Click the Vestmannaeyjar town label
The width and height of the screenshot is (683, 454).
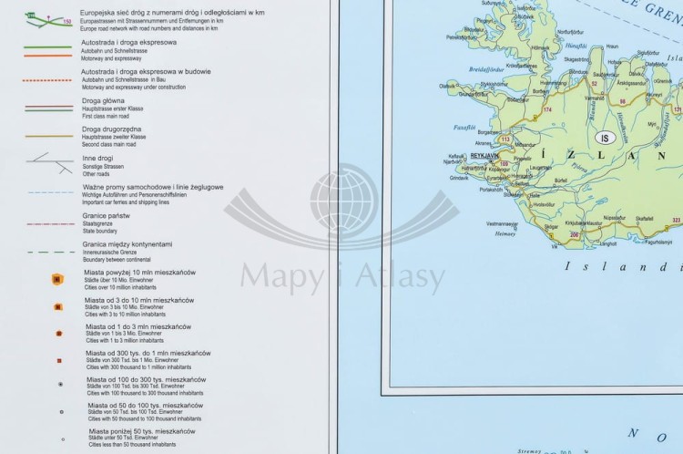pos(503,222)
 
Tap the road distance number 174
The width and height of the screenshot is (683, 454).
pos(546,110)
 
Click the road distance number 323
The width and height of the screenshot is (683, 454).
pos(676,220)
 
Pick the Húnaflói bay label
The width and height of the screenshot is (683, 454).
pos(575,45)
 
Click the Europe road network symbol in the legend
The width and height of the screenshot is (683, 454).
pos(37,18)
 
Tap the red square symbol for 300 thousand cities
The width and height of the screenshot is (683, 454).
pos(58,360)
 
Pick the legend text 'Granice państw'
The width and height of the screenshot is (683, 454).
pos(108,215)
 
